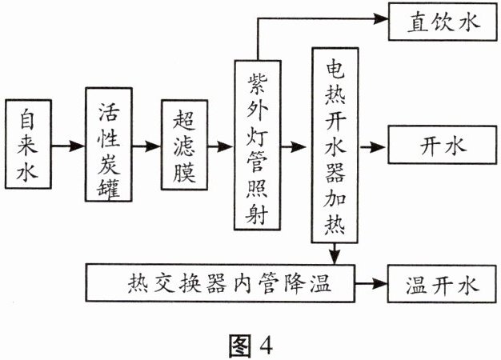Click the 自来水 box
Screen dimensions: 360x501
click(x=26, y=147)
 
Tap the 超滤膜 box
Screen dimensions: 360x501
click(x=183, y=146)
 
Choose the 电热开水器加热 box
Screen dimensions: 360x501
click(x=333, y=146)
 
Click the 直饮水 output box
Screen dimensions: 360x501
click(x=442, y=22)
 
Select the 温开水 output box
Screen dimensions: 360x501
click(x=442, y=282)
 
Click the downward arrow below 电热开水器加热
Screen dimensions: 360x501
click(x=334, y=254)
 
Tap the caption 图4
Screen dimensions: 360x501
click(x=250, y=342)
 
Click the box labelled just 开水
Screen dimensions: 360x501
click(x=442, y=147)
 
